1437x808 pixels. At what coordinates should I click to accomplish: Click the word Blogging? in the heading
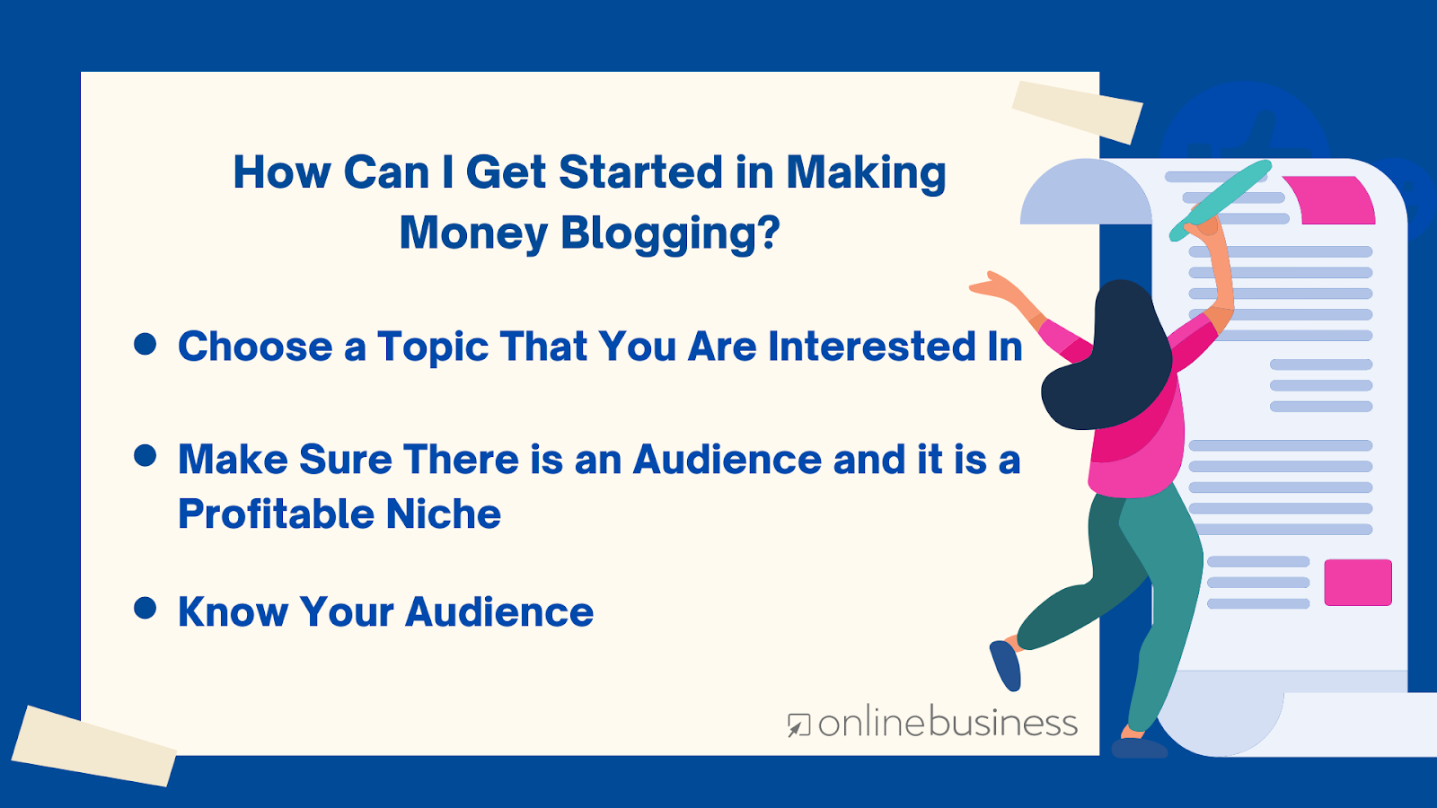click(670, 233)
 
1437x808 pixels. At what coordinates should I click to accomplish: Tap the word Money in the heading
click(473, 233)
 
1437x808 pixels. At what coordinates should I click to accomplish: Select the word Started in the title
click(641, 172)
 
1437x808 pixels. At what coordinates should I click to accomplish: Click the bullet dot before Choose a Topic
click(145, 344)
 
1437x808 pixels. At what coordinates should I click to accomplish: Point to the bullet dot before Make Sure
click(145, 456)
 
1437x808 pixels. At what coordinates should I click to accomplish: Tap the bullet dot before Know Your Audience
click(145, 608)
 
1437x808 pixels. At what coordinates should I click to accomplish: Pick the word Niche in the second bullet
click(444, 514)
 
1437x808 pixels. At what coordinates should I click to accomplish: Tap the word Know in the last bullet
click(233, 611)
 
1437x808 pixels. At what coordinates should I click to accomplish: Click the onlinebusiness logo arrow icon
click(799, 726)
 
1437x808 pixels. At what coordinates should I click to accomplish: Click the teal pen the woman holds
click(1220, 201)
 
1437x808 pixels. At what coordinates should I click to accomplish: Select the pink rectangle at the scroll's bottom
click(1358, 583)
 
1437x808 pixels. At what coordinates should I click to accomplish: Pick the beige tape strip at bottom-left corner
click(94, 746)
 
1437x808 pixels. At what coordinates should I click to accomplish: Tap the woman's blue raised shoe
click(1005, 665)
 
